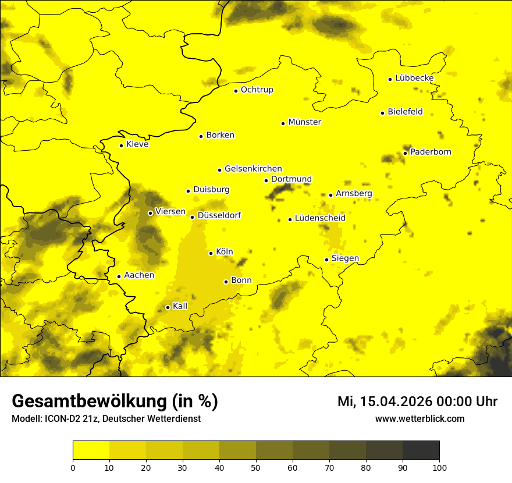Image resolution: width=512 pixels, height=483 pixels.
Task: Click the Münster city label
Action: (x=304, y=122)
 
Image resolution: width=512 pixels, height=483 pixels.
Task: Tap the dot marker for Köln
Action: (x=211, y=253)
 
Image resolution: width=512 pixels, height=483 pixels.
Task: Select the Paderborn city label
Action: (x=431, y=152)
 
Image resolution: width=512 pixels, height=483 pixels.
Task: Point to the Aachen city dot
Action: (x=119, y=276)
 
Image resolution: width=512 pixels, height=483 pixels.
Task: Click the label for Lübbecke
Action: (x=414, y=78)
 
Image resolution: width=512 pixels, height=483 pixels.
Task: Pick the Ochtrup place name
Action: (x=257, y=90)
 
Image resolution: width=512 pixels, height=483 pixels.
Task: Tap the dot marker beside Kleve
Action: (x=121, y=145)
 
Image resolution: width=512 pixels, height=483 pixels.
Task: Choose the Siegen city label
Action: (x=345, y=258)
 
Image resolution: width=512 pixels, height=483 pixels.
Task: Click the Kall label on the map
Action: (x=180, y=306)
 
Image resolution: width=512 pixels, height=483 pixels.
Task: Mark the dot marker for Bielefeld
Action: (x=382, y=113)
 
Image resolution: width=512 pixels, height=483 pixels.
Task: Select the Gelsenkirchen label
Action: (x=253, y=169)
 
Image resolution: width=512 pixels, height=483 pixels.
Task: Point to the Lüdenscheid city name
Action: (x=320, y=218)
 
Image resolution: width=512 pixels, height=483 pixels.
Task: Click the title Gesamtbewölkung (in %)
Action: (x=115, y=402)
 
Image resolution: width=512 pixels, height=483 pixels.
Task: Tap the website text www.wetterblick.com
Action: (x=419, y=418)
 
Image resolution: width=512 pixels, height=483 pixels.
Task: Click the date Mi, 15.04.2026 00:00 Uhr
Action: (x=417, y=402)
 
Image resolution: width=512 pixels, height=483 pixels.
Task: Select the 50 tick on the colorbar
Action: (x=256, y=467)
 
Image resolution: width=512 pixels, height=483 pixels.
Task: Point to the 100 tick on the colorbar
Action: (x=439, y=467)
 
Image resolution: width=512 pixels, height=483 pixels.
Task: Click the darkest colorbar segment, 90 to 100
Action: (x=421, y=450)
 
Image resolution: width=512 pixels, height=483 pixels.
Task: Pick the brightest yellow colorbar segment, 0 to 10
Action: (x=91, y=450)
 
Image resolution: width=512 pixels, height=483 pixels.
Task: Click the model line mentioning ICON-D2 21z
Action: (x=106, y=419)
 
